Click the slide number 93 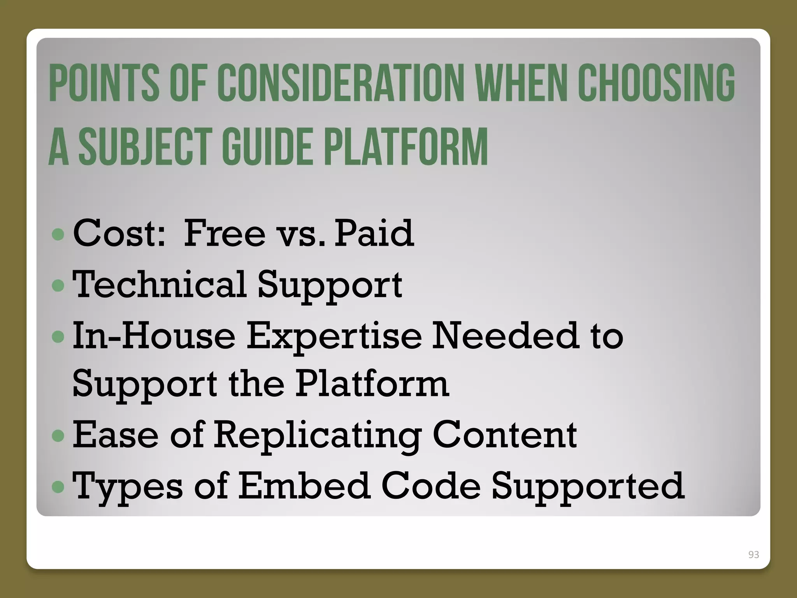pyautogui.click(x=753, y=554)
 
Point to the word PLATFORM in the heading pyautogui.click(x=406, y=147)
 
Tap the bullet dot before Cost pyautogui.click(x=58, y=234)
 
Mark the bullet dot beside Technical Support pyautogui.click(x=58, y=286)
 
